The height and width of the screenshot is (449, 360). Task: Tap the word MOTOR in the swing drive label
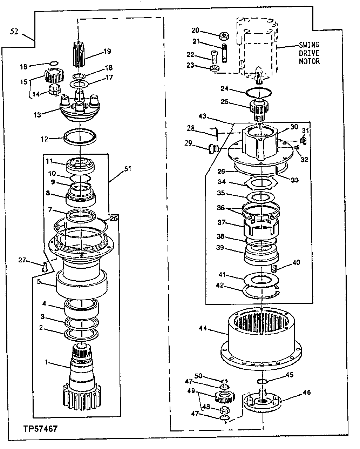coord(309,61)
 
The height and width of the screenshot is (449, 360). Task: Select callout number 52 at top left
coord(14,31)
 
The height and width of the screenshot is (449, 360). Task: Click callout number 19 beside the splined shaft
coord(107,51)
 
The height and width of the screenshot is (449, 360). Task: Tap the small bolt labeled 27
coord(44,268)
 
